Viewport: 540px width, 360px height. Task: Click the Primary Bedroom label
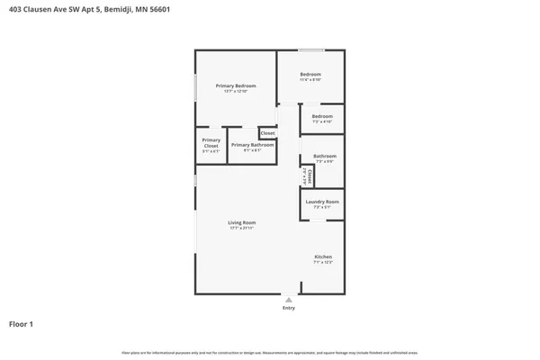click(x=237, y=85)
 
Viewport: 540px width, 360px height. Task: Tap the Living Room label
click(x=242, y=222)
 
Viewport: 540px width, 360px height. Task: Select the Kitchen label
click(x=322, y=256)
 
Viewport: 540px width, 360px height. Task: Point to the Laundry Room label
click(x=322, y=202)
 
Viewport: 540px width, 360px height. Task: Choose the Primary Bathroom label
click(x=252, y=145)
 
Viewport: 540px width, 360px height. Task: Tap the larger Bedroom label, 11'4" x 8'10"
click(x=310, y=74)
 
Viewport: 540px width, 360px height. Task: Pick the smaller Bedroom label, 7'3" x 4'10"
click(x=322, y=116)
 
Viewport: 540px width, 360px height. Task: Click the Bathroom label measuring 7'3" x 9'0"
click(x=324, y=156)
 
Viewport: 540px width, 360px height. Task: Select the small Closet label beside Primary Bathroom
click(x=267, y=133)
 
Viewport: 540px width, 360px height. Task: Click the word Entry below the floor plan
click(x=288, y=308)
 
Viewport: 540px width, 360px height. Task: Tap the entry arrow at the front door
click(x=288, y=299)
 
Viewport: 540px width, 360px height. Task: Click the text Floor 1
click(x=22, y=323)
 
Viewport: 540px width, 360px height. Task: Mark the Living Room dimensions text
click(x=242, y=228)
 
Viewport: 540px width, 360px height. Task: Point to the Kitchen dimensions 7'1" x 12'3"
click(x=322, y=262)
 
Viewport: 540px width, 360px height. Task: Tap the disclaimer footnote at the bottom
click(x=270, y=351)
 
